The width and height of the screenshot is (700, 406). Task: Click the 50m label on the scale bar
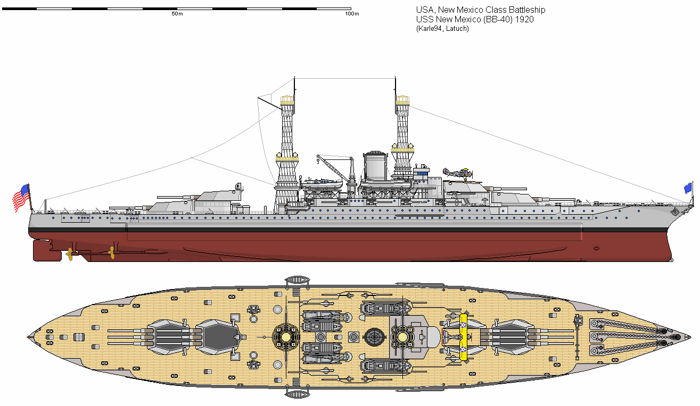[x=177, y=14]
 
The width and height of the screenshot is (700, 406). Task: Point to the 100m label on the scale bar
[x=351, y=14]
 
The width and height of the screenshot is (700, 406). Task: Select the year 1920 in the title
[x=524, y=20]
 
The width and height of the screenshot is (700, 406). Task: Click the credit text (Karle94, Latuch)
[x=442, y=29]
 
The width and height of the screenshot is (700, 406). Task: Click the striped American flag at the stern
[x=21, y=198]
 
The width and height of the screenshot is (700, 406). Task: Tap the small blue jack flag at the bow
[x=688, y=188]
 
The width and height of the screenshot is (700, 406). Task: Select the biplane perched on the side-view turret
[x=457, y=173]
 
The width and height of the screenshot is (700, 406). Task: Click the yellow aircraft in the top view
[x=463, y=336]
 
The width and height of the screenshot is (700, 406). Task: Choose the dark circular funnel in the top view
[x=375, y=336]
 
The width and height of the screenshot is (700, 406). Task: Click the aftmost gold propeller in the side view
[x=69, y=254]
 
